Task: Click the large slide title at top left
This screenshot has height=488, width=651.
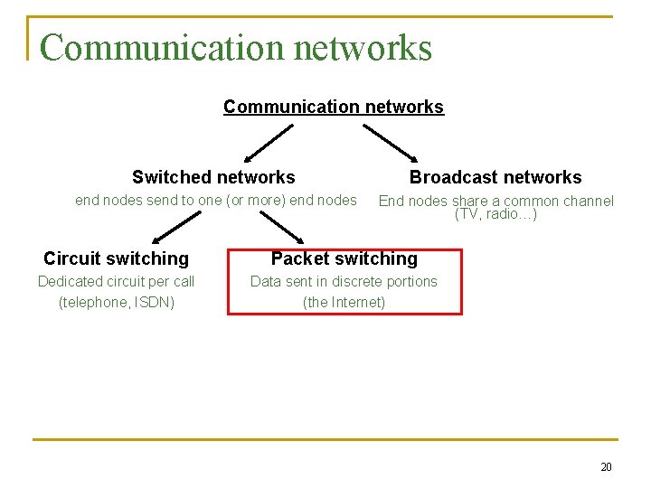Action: (235, 48)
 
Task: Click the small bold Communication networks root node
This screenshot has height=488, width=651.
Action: (334, 107)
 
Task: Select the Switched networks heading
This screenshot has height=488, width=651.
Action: (213, 177)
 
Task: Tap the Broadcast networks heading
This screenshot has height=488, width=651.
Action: (495, 177)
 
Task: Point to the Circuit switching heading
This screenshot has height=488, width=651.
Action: (116, 258)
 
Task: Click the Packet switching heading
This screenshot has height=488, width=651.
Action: (344, 258)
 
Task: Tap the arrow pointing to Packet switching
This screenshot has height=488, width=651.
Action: (280, 227)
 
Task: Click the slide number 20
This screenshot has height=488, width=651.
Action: (606, 467)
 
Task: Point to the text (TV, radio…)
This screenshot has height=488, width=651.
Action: (495, 214)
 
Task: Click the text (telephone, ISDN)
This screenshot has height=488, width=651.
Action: (116, 302)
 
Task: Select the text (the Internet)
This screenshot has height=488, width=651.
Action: (344, 302)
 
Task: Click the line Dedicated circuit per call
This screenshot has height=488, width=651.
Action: (116, 281)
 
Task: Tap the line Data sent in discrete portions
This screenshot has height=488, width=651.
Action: (344, 281)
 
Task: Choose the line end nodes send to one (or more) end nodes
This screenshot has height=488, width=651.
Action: (216, 200)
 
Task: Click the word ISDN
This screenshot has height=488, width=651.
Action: (154, 302)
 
